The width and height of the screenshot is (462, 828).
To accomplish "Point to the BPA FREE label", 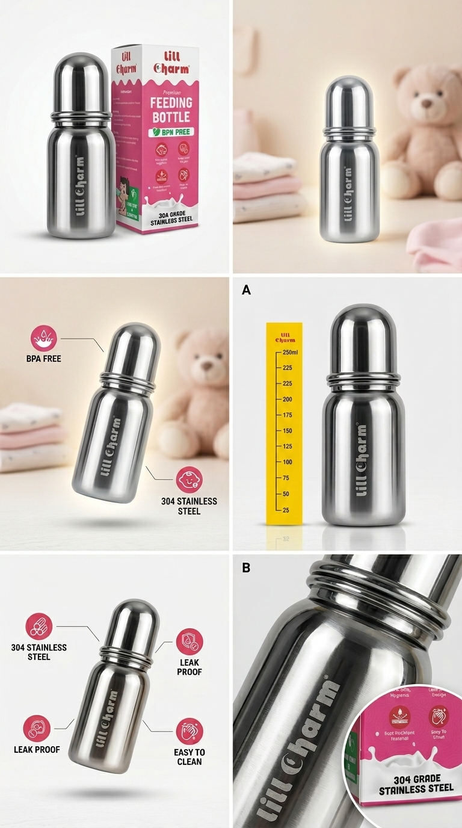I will (x=43, y=359).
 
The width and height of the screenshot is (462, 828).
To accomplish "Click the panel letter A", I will (x=245, y=290).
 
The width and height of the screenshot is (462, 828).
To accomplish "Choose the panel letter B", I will (x=245, y=567).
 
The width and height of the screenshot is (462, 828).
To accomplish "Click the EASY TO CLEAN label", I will (x=190, y=756).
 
